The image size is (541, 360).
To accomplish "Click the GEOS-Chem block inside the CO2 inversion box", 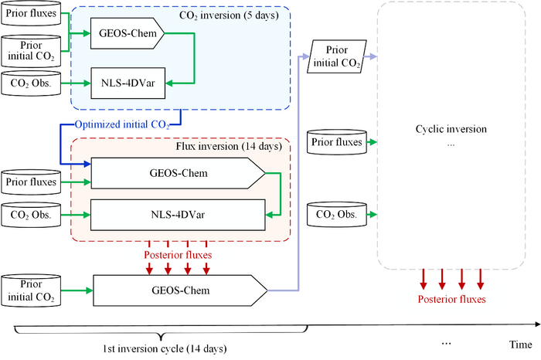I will coord(126,34).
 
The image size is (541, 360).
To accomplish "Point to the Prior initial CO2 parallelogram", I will coord(337,58).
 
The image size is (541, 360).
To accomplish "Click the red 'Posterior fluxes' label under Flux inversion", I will coord(177,254).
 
